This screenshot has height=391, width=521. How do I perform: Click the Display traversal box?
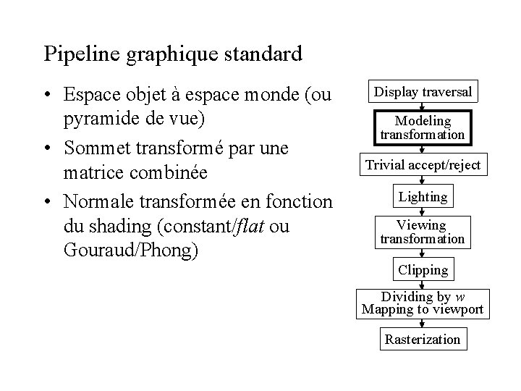[423, 92]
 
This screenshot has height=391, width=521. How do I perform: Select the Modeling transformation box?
[423, 127]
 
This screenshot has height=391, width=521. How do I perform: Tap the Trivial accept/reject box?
[423, 164]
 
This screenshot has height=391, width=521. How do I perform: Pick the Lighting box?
[423, 196]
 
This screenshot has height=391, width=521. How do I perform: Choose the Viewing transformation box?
[423, 232]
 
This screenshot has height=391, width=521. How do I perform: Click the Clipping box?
[423, 270]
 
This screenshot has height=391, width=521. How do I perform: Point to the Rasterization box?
[423, 339]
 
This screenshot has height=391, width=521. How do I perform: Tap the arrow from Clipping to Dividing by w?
[423, 285]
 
